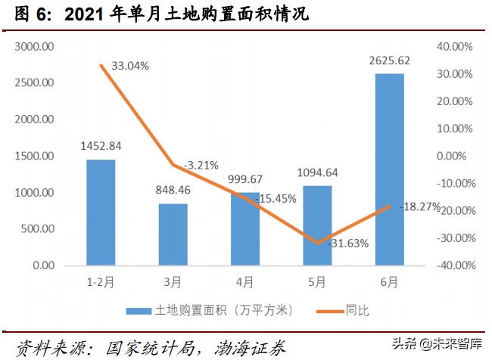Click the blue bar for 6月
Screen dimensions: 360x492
tap(389, 169)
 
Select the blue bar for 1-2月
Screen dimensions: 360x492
tap(101, 213)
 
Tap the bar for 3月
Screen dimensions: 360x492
tap(173, 234)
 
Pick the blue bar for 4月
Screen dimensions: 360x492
tap(244, 229)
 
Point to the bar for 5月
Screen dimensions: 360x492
tap(317, 225)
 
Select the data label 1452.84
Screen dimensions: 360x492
tap(101, 147)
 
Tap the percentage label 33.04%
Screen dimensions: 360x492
tap(129, 66)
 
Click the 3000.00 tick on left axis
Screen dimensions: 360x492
tap(36, 47)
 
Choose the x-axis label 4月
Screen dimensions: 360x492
tap(244, 283)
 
